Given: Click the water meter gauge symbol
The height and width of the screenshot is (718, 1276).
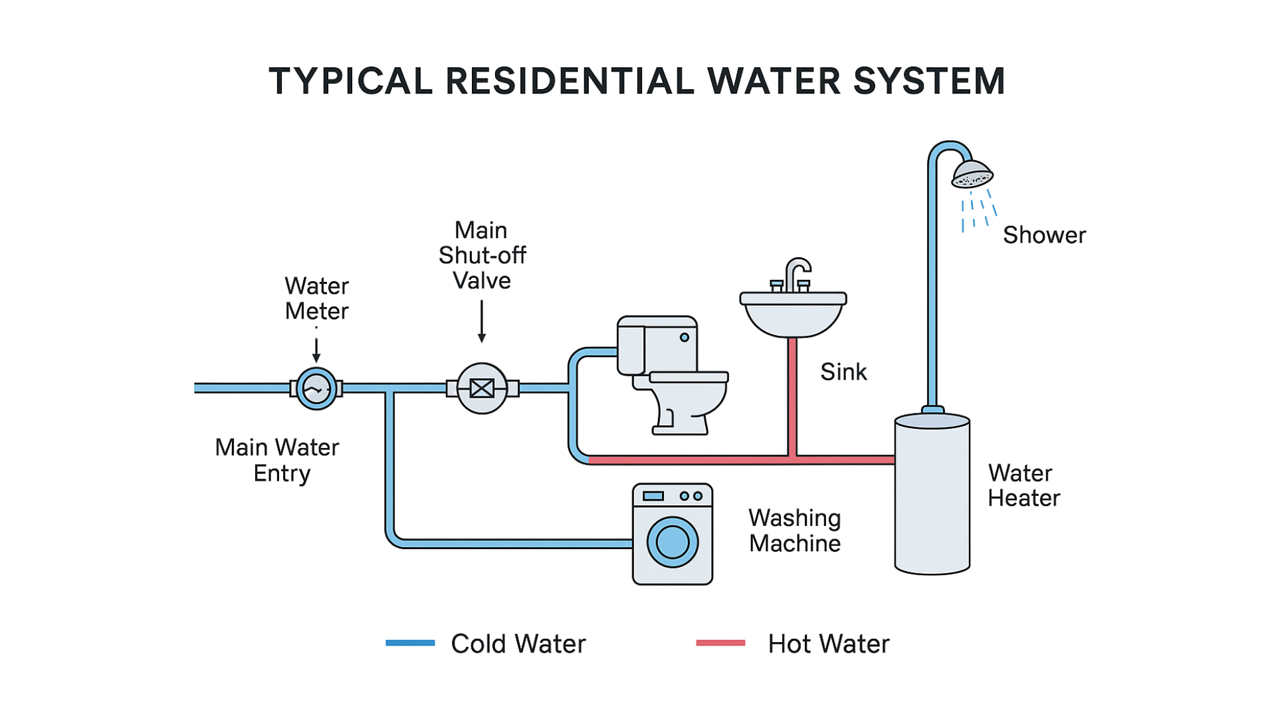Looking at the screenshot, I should [x=316, y=388].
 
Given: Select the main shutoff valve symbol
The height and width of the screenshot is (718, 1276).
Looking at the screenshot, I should [x=482, y=388].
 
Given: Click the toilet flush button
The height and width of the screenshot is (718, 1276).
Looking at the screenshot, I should [x=684, y=338].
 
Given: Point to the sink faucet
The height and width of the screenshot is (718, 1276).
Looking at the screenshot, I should [x=794, y=275].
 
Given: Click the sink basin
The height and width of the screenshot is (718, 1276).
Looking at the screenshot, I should [x=793, y=316].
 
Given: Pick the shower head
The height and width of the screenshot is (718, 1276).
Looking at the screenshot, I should [x=972, y=175].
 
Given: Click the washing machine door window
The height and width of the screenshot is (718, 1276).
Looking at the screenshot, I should [x=673, y=542].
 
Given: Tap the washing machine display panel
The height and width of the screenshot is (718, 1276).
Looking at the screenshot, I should [x=653, y=496].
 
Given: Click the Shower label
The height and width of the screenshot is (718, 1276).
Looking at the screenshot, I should [x=1044, y=235].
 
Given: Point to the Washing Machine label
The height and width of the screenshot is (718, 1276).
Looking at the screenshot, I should [x=795, y=530].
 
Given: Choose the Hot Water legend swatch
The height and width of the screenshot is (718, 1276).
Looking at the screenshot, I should [x=731, y=644].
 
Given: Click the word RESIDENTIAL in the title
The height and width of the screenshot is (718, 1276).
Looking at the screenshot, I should [x=570, y=82].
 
